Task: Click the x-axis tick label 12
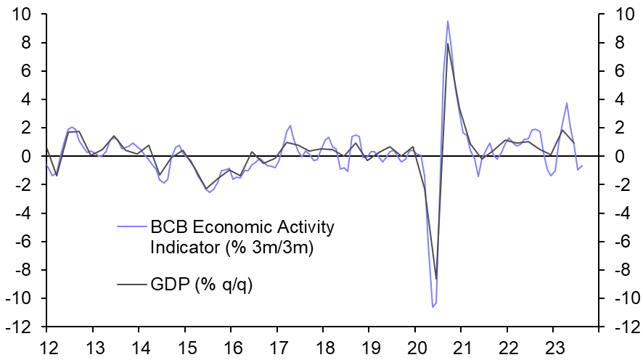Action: click(x=47, y=345)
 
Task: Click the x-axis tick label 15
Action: click(x=185, y=345)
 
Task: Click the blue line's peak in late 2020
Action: click(x=448, y=21)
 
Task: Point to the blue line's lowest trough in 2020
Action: click(x=433, y=307)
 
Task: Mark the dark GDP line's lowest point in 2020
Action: click(x=436, y=279)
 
